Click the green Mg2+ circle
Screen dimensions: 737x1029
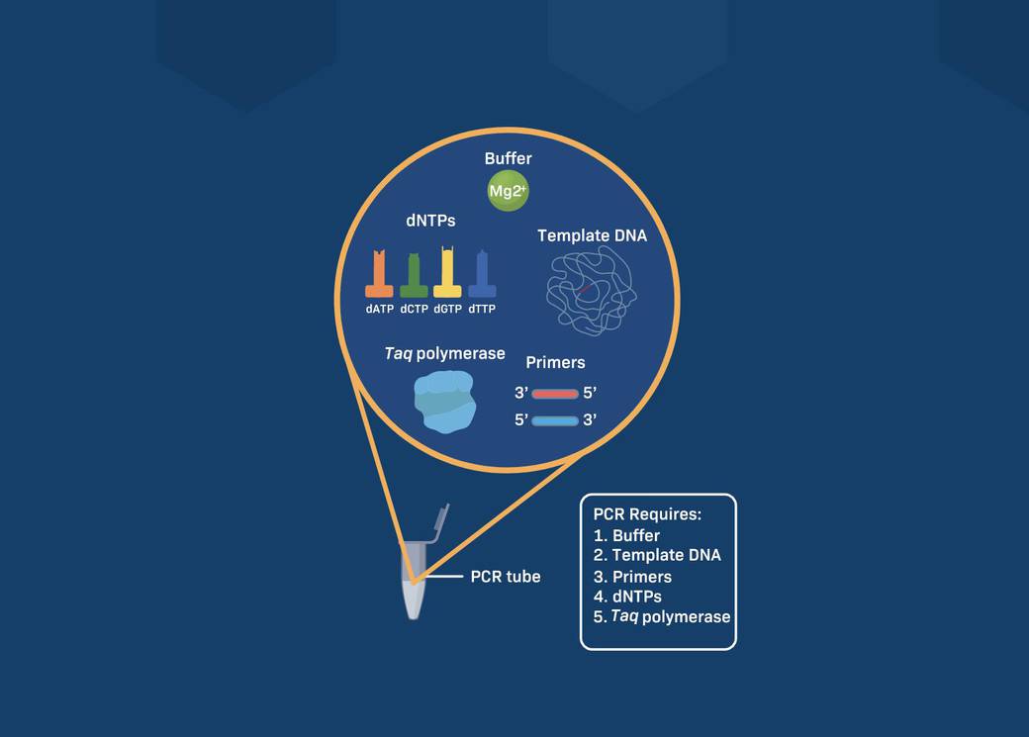(508, 192)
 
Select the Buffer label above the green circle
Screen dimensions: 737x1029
(508, 158)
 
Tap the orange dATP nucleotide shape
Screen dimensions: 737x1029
(379, 276)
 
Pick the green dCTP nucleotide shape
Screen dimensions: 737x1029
(414, 277)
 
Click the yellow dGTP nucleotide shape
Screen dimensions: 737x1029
(447, 275)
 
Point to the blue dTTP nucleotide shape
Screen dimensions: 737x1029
(482, 276)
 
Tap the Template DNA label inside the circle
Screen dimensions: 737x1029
(593, 235)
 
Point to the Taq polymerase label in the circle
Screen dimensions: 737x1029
(445, 353)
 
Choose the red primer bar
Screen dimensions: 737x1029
(554, 394)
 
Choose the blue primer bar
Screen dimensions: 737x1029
(554, 420)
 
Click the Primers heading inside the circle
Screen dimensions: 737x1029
(555, 362)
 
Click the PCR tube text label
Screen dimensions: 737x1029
(505, 576)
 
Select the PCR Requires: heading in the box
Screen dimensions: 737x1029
(647, 515)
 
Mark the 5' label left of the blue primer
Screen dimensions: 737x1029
(520, 420)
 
